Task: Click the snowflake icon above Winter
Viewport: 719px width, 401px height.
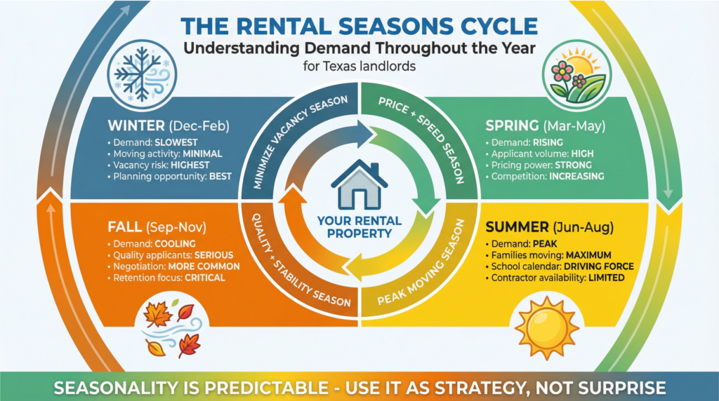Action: [142, 74]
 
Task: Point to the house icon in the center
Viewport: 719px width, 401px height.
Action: [359, 184]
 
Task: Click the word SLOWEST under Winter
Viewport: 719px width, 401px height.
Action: [176, 142]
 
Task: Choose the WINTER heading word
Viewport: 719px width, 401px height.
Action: [136, 125]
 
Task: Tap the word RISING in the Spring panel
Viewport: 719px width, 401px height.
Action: [548, 142]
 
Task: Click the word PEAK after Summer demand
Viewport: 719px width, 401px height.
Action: [545, 244]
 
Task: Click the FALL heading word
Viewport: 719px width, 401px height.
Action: [124, 227]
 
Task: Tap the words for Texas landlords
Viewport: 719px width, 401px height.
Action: [359, 67]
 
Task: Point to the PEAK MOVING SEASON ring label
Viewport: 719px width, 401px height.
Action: [422, 263]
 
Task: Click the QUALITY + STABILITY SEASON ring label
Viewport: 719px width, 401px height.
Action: [299, 263]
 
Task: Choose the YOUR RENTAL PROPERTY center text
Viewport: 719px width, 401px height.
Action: [359, 227]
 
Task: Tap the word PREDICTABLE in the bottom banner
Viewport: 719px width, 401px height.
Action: [266, 388]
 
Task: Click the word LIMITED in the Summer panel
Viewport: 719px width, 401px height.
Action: [607, 278]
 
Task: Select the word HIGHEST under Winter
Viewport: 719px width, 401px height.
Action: [190, 165]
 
